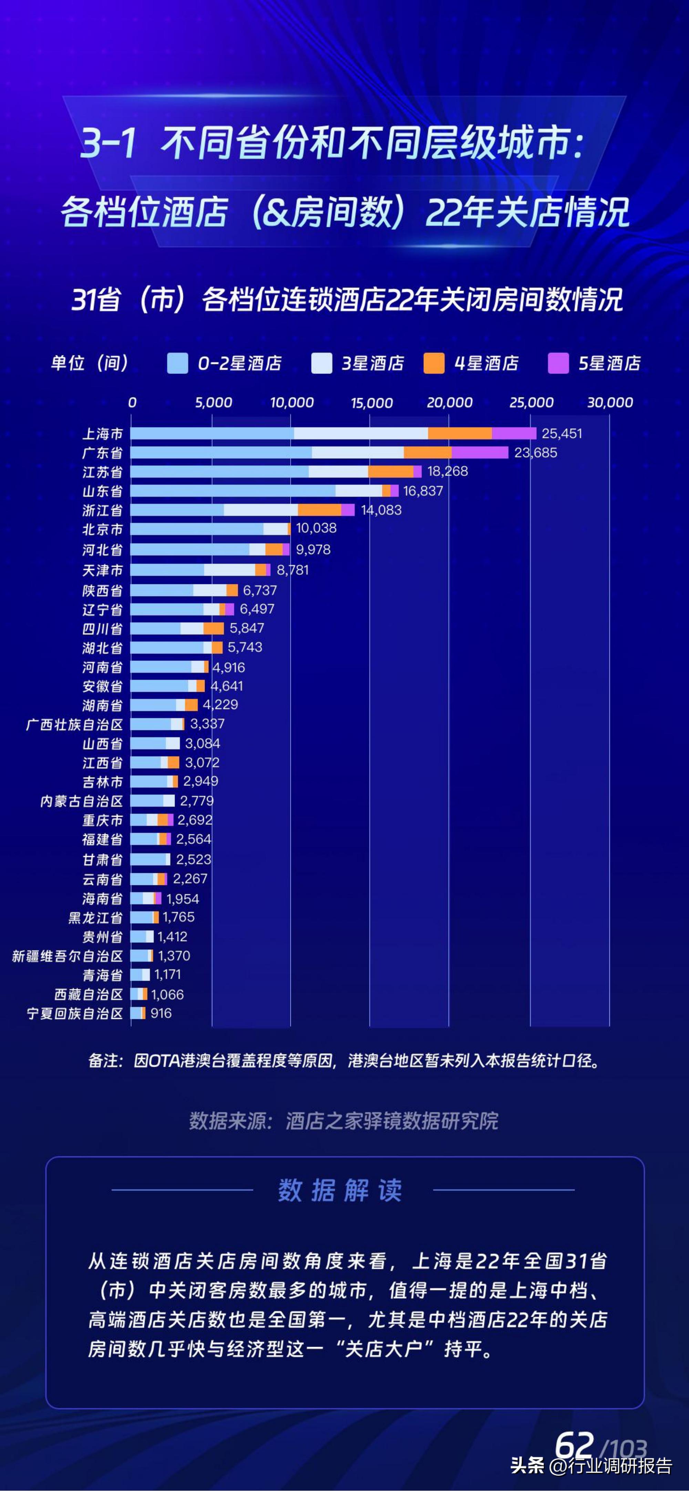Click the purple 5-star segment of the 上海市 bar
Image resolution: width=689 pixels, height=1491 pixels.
pos(514,433)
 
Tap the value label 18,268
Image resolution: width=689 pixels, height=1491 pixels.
pos(448,471)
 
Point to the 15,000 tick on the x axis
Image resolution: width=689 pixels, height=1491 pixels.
pos(371,402)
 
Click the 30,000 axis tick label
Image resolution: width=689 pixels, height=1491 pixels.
pos(610,402)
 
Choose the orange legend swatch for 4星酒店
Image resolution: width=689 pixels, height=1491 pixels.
pos(434,364)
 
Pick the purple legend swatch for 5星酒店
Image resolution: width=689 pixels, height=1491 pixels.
pos(558,364)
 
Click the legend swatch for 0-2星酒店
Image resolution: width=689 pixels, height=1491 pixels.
pos(177,364)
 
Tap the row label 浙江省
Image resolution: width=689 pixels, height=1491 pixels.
pos(102,510)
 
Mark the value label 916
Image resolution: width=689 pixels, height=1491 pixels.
pos(161,1013)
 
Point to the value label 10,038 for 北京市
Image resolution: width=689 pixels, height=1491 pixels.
pos(316,528)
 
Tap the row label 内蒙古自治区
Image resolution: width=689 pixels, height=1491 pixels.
pos(82,801)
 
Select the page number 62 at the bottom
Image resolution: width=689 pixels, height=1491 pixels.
pos(574,1445)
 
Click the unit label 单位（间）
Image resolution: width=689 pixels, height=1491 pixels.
pos(90,364)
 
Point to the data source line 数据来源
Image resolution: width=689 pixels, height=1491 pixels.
pos(343,1120)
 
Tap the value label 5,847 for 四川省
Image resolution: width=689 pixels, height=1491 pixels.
pos(247,628)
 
